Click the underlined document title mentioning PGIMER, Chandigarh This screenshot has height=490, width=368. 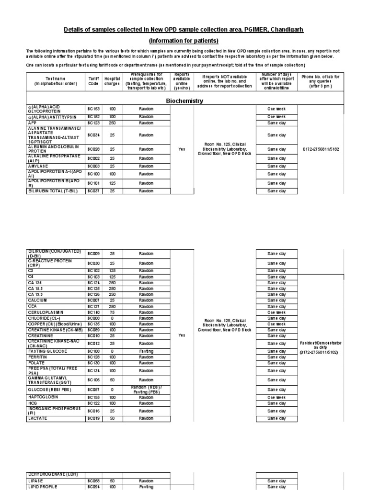pos(184,30)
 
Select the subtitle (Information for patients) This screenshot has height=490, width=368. pos(184,41)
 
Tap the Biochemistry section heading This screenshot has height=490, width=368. pos(184,101)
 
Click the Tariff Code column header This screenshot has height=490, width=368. pos(93,80)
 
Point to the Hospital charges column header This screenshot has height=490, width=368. pos(112,80)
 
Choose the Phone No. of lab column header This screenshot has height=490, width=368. pos(321,80)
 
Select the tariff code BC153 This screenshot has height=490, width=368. pos(93,109)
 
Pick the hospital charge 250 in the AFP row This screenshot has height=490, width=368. pos(112,122)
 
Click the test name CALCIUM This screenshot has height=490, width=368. pos(38,301)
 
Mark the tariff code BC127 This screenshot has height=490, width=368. pos(93,306)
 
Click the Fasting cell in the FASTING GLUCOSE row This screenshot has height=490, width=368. pos(146,351)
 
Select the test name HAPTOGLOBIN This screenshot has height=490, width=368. pos(42,397)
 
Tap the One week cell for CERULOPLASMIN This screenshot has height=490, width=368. pos(276,312)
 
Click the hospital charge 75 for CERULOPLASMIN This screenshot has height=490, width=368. pos(112,312)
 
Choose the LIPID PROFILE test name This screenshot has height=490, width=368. pos(43,487)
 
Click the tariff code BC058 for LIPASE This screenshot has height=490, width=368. pos(93,481)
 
